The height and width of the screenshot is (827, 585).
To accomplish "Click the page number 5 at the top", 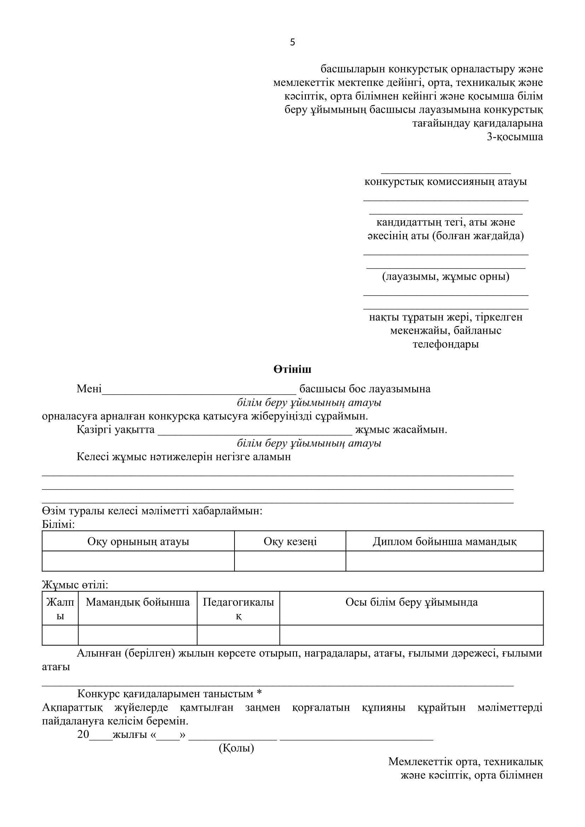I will tap(292, 42).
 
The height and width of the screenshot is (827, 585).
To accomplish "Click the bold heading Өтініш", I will tap(292, 369).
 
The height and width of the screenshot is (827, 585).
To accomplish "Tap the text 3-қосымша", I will tap(515, 137).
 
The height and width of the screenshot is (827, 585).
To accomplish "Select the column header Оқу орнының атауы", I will tap(138, 541).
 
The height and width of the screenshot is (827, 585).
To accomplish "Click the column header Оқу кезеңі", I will tap(290, 541).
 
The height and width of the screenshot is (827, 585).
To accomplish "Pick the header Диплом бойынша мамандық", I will tap(444, 541).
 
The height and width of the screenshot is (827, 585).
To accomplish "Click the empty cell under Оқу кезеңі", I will tap(290, 561).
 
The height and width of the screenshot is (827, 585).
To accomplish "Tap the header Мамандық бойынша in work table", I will tap(138, 602).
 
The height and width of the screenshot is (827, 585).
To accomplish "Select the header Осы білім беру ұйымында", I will tap(411, 602).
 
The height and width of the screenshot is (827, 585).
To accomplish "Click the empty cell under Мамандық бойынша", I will tap(138, 635).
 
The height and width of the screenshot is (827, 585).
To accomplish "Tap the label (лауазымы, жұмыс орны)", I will tap(446, 276).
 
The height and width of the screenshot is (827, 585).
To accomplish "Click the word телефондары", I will tap(446, 344).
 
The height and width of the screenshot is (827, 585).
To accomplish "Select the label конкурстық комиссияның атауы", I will tap(446, 181).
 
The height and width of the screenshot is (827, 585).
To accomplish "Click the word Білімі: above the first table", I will tap(58, 524).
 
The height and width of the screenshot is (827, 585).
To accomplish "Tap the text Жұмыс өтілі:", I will tap(75, 585).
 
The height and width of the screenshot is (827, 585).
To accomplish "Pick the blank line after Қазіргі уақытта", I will tap(255, 431).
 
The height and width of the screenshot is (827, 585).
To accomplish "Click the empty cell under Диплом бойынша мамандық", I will tap(444, 561).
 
